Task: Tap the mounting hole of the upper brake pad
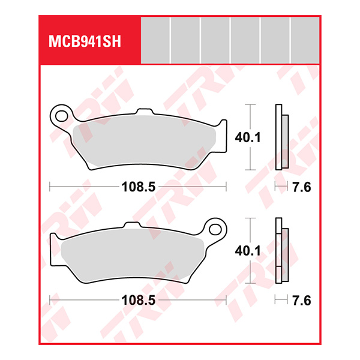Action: [x=59, y=112]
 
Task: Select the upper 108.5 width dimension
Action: [x=138, y=187]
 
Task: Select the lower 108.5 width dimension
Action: [x=138, y=299]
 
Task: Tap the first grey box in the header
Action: [x=155, y=40]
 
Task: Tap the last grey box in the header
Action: [x=305, y=40]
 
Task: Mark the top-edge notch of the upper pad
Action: [x=144, y=111]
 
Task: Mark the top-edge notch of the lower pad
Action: [x=131, y=226]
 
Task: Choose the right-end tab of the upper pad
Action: [x=223, y=128]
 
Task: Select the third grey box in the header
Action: [x=215, y=40]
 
